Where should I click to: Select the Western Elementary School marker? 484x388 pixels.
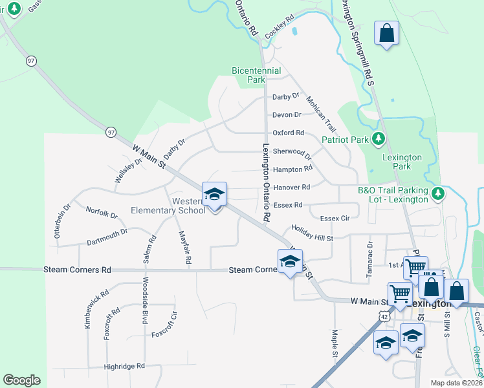pos(215,194)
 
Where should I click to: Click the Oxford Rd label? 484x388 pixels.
pos(288,133)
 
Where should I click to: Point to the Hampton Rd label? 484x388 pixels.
pos(292,169)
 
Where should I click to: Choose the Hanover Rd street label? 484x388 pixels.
pos(292,187)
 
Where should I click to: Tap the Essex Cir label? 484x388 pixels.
pos(335,219)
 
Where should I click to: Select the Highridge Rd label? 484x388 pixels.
pos(124,366)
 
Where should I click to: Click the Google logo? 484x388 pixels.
pos(21,380)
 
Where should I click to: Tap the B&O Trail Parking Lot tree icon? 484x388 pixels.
pos(438,193)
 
